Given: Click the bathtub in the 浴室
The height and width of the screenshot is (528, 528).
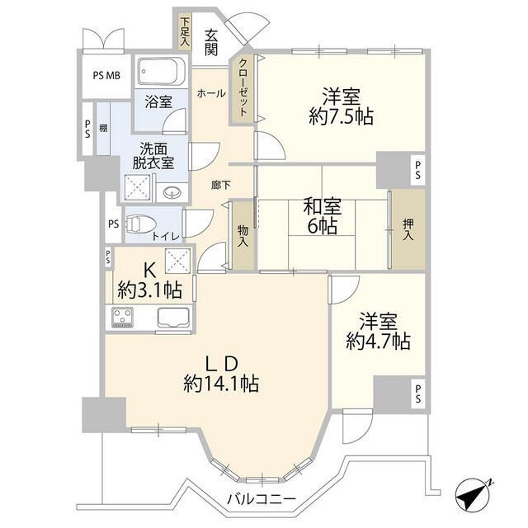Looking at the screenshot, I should point(161,77).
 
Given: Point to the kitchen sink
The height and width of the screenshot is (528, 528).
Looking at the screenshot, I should point(172,317).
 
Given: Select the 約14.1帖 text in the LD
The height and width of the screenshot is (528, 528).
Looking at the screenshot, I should point(222,384).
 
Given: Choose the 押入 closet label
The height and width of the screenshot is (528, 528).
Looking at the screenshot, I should point(408,229).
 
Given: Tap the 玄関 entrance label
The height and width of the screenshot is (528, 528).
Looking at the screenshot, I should point(211,42).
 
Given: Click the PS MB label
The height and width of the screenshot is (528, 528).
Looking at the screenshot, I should point(104,75).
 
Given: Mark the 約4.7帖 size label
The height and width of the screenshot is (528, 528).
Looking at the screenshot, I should point(379,340).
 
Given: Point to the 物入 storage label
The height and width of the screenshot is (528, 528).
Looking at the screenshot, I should point(243,238).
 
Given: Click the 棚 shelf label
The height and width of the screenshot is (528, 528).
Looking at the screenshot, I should point(104,128).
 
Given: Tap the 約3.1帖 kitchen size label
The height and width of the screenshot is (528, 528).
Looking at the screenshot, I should point(149,290).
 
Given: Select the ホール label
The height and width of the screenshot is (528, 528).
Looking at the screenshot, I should point(211,95).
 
